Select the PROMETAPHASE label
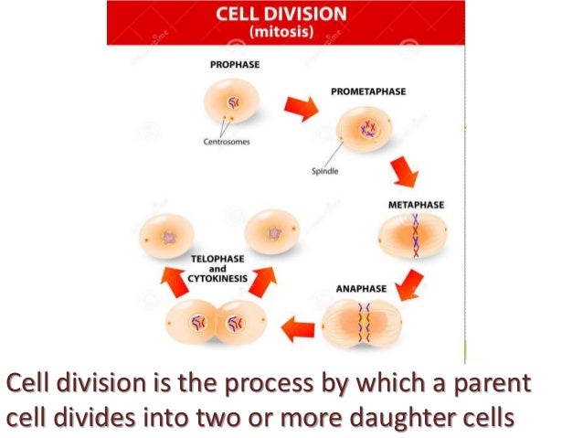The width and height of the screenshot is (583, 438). (369, 91)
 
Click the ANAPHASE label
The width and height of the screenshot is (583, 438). (361, 288)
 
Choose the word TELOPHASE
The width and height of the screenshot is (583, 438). (217, 259)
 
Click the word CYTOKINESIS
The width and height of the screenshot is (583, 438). (217, 279)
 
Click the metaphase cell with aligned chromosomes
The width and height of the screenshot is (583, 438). (413, 235)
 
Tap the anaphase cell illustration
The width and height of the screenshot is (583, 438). (361, 324)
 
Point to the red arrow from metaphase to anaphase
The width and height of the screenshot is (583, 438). (412, 280)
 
